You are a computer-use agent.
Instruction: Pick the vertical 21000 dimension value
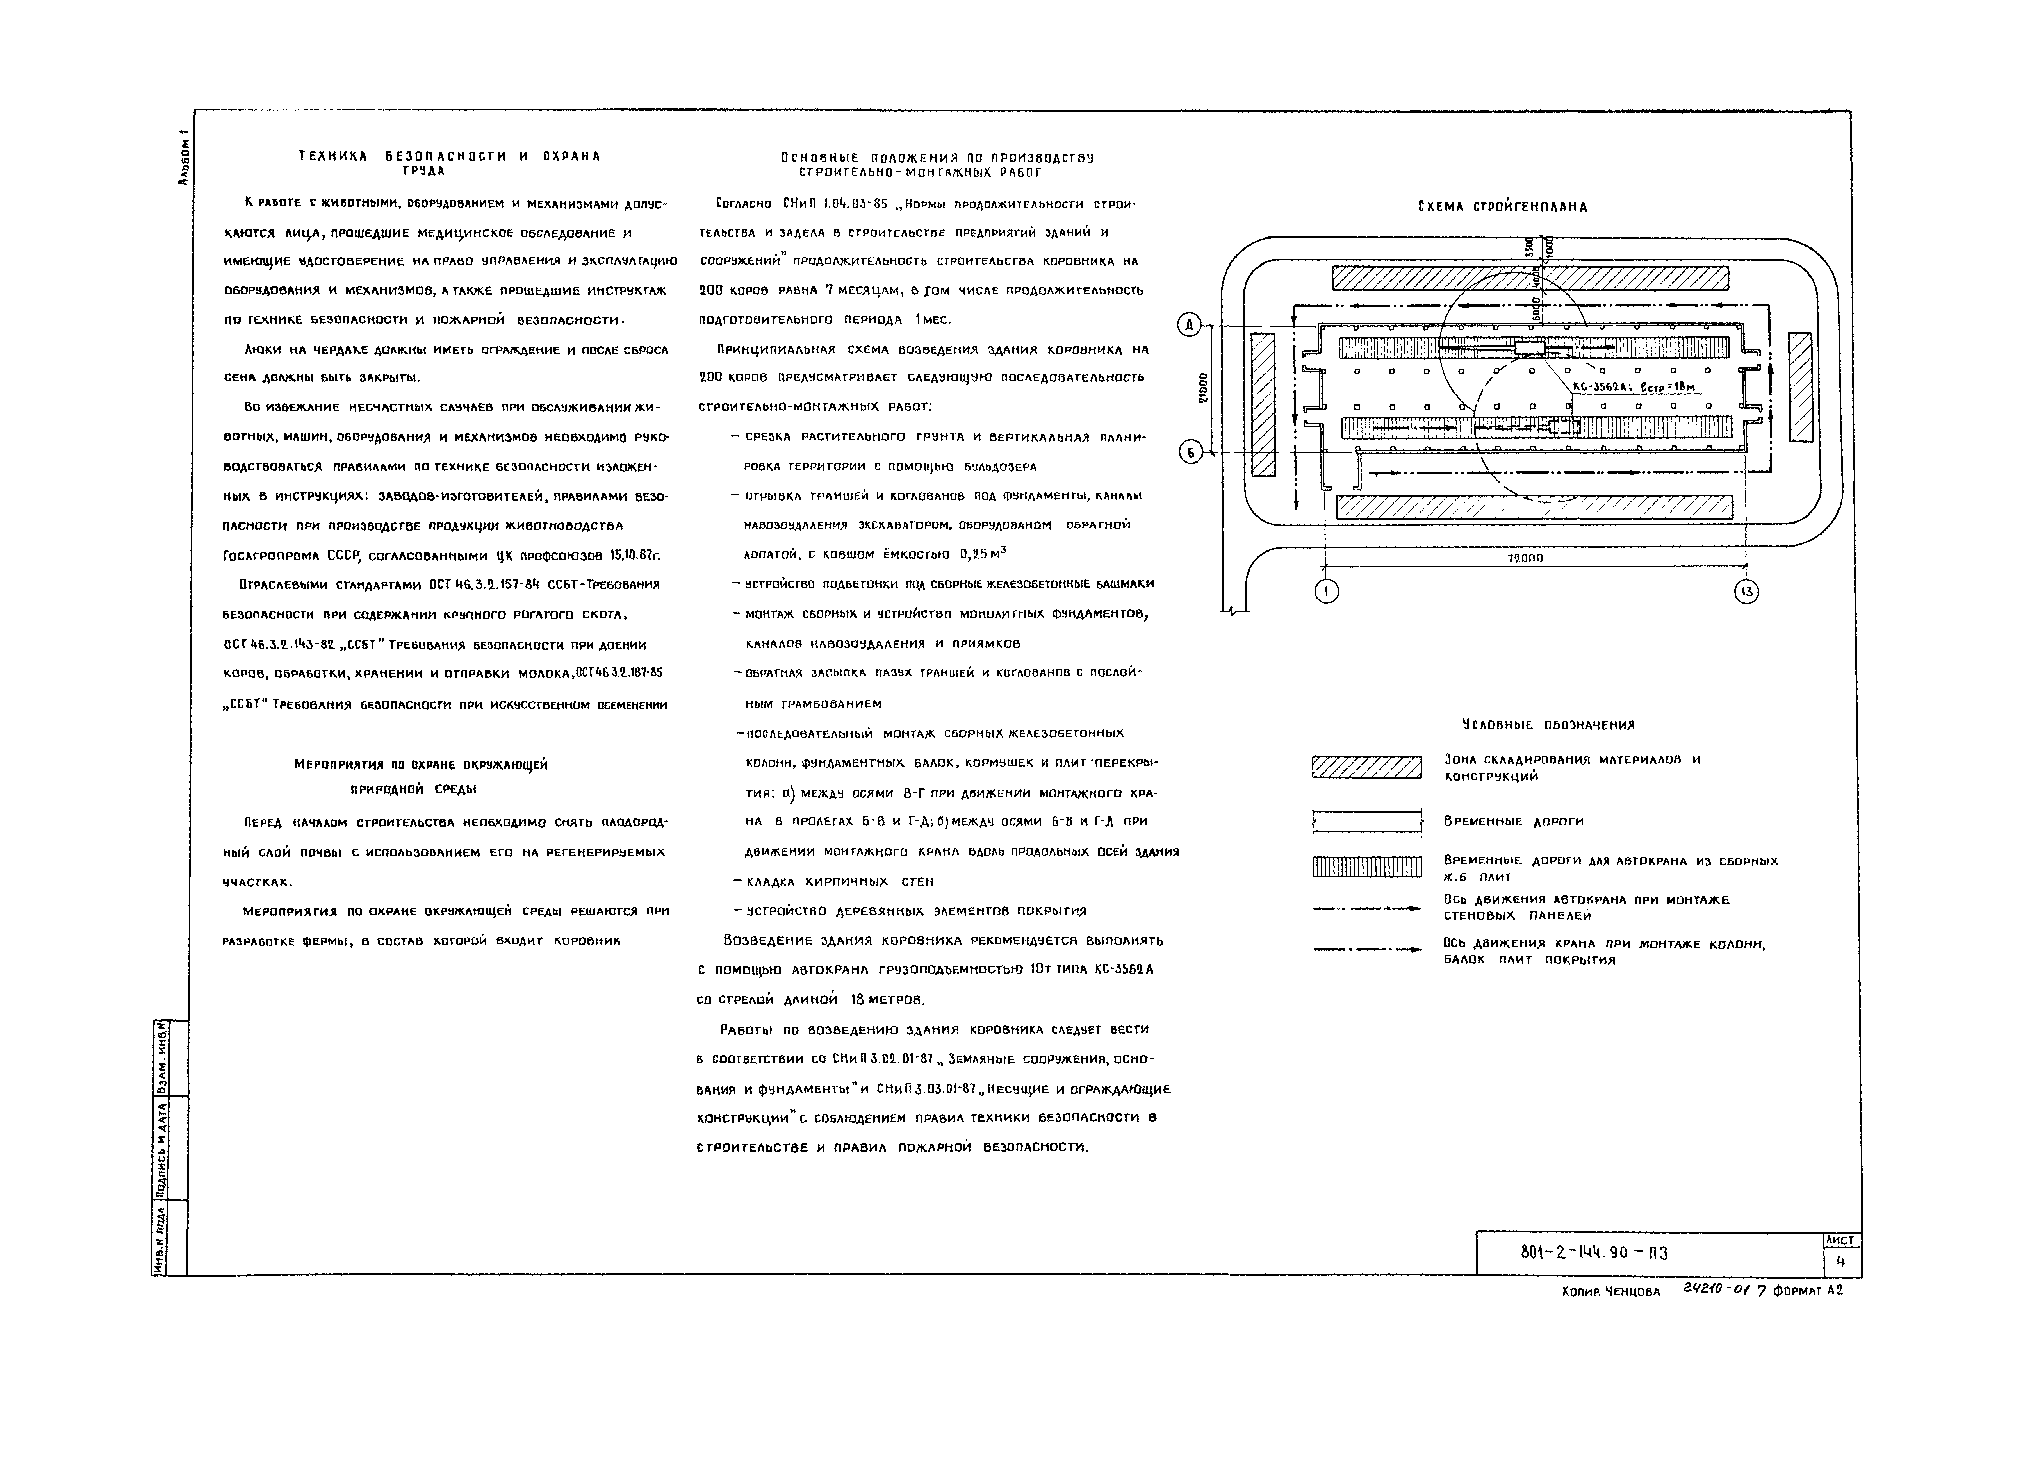point(1203,388)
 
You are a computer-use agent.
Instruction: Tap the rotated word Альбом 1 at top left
point(183,157)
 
